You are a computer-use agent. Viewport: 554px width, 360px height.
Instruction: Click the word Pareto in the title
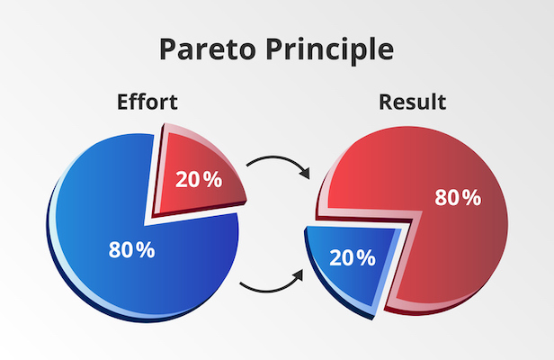[x=208, y=49]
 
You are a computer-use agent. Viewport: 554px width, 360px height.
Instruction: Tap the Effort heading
[x=147, y=102]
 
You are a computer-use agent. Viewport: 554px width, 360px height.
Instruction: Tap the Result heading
[x=412, y=102]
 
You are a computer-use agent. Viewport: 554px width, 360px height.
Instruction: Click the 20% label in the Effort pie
[x=199, y=179]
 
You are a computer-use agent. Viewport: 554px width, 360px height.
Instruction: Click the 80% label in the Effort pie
[x=132, y=249]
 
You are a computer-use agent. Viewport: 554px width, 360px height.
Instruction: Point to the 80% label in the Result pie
[x=458, y=197]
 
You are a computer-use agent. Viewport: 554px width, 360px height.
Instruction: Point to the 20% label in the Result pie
[x=353, y=257]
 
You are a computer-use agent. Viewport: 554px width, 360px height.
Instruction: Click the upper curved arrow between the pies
[x=279, y=157]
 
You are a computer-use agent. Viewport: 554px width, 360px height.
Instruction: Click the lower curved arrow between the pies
[x=271, y=291]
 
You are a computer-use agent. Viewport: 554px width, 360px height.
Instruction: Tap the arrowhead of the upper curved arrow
[x=305, y=173]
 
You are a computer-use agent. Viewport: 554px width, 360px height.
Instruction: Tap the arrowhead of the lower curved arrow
[x=299, y=275]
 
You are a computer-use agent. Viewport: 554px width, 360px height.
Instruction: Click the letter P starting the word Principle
[x=274, y=49]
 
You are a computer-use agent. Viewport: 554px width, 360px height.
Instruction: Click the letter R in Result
[x=386, y=103]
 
